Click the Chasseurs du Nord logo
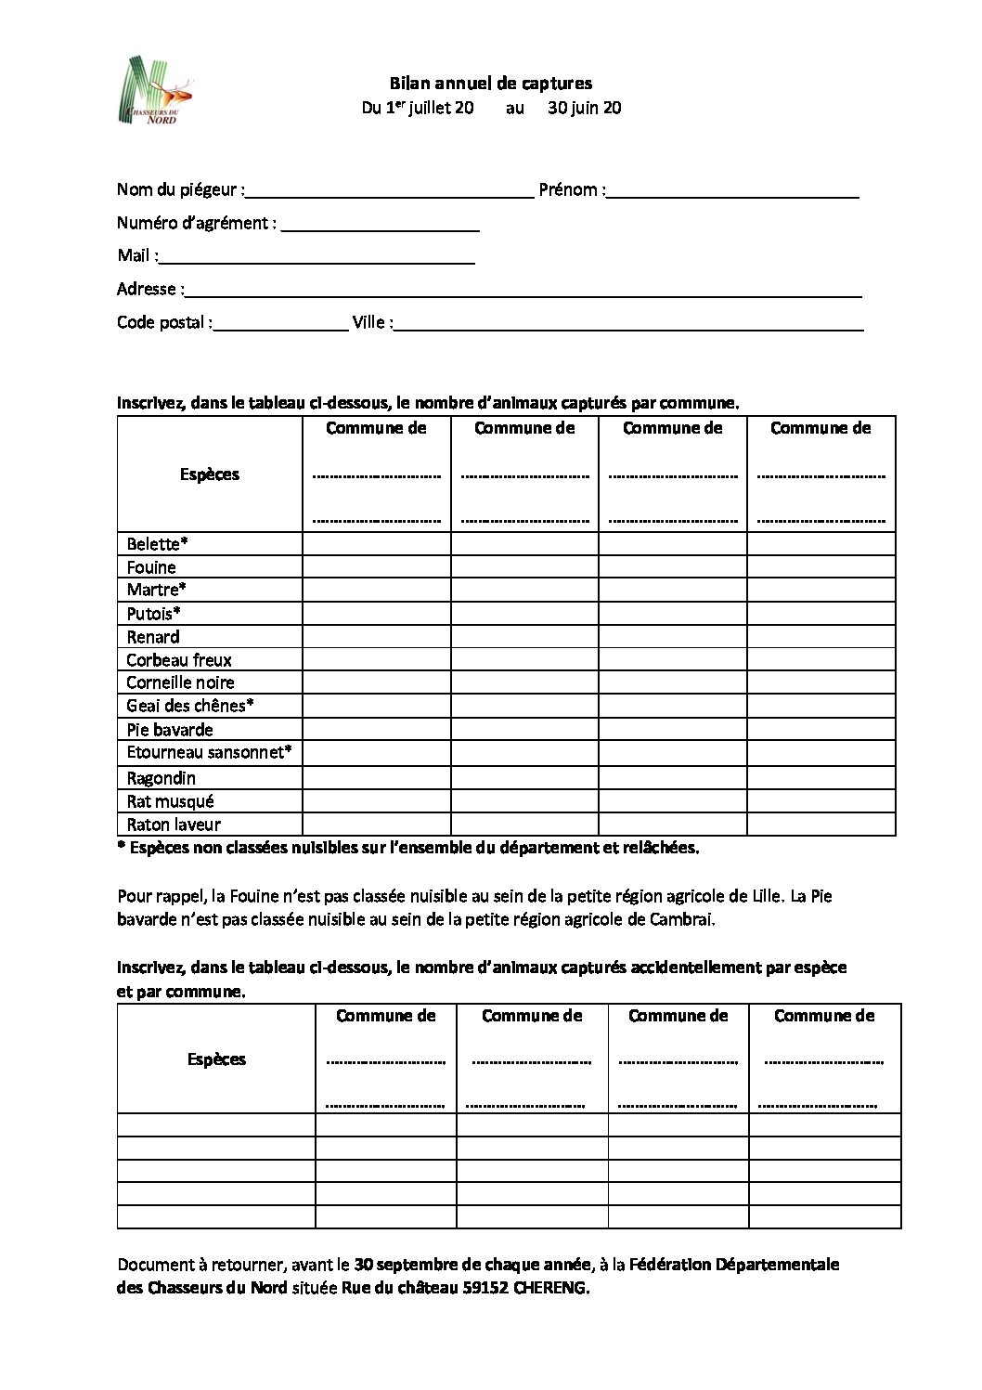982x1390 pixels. [159, 91]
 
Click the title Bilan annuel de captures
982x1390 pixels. [490, 84]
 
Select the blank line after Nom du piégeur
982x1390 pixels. [389, 195]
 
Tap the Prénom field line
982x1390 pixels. [732, 195]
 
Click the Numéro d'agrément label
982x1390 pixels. [197, 223]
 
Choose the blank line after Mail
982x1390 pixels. [317, 261]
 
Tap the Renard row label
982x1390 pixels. [153, 637]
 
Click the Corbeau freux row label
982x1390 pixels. [179, 660]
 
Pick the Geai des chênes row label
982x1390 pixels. [190, 706]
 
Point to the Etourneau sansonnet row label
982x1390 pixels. [209, 752]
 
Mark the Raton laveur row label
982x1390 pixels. [174, 825]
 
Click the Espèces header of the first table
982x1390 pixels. [210, 474]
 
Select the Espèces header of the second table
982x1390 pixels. [216, 1059]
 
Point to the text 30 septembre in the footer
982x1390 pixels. [399, 1265]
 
